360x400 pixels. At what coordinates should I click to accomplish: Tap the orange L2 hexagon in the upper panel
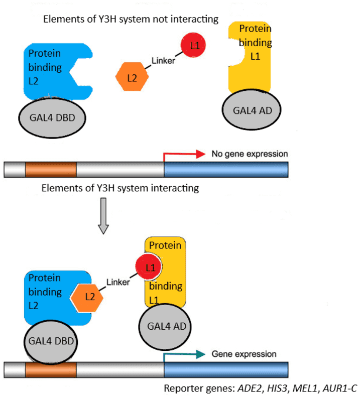coord(132,78)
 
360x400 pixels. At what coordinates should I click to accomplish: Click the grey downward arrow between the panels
coord(103,215)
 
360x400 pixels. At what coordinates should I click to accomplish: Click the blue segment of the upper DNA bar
coord(226,170)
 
